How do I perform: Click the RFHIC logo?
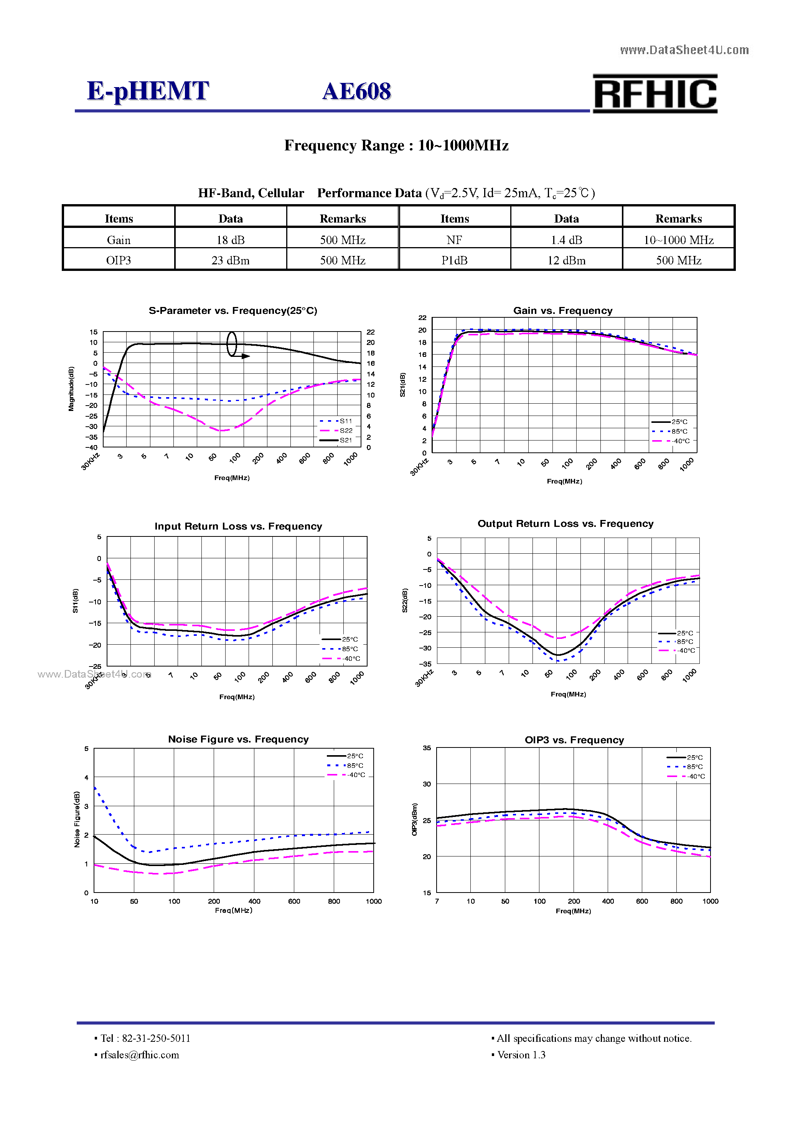tap(655, 94)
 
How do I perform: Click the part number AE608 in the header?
tap(357, 91)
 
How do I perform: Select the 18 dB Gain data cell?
tap(230, 240)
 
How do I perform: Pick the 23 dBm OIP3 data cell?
tap(230, 261)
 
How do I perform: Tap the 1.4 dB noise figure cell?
tap(566, 240)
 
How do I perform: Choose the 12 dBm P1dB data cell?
tap(566, 261)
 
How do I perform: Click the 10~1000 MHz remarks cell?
tap(678, 240)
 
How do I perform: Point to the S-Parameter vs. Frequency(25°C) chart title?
tap(232, 311)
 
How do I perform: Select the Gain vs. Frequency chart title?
tap(562, 311)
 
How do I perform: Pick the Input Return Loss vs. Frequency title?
tap(239, 526)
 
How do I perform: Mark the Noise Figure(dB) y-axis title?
tap(77, 820)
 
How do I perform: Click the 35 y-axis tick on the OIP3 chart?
tap(427, 748)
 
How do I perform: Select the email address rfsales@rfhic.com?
tap(140, 1055)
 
